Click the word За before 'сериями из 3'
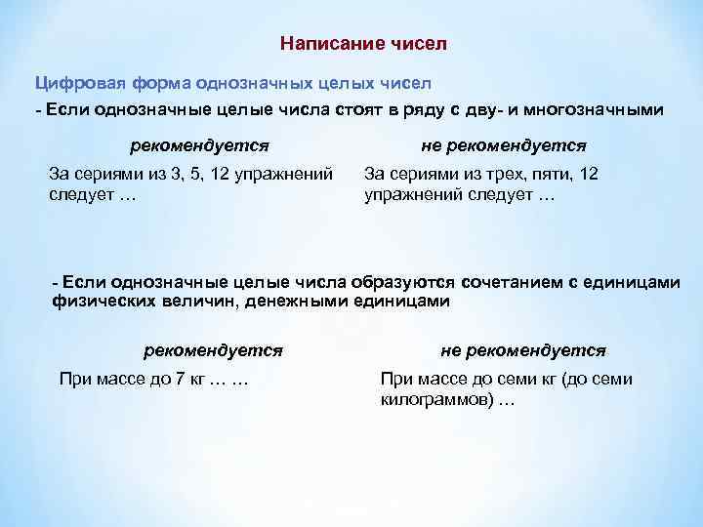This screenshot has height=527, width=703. tap(60, 175)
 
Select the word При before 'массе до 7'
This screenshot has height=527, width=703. tap(75, 379)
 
